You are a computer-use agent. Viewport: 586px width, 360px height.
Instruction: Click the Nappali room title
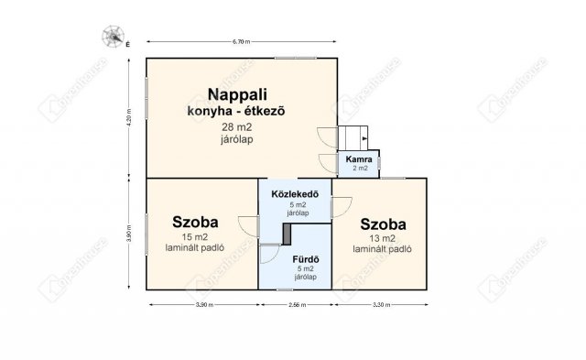pyautogui.click(x=235, y=94)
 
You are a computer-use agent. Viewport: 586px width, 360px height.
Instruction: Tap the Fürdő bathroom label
pyautogui.click(x=305, y=258)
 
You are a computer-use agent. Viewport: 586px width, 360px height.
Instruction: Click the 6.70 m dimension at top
pyautogui.click(x=242, y=42)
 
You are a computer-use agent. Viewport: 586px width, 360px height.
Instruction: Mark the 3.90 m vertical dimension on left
pyautogui.click(x=129, y=235)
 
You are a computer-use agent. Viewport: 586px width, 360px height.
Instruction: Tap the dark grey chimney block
pyautogui.click(x=288, y=234)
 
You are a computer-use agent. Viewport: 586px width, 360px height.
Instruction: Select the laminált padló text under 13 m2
pyautogui.click(x=383, y=248)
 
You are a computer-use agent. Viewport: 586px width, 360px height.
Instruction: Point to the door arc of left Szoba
pyautogui.click(x=248, y=225)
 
